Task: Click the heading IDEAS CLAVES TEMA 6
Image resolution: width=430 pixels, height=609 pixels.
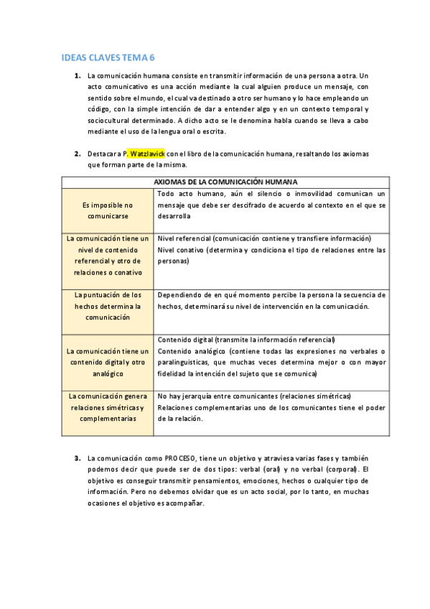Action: pos(108,57)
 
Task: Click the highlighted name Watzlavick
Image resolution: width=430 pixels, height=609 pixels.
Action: pos(149,154)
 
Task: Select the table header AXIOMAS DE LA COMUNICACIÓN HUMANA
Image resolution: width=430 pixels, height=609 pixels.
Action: pos(225,182)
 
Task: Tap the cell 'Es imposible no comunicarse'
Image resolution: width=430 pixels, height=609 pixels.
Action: pos(108,210)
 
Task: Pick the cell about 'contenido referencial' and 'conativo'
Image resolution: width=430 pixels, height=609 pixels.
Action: pos(108,255)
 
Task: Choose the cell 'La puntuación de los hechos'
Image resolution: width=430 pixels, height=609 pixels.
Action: pos(108,305)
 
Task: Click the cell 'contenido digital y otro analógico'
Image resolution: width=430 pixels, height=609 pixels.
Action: pos(108,363)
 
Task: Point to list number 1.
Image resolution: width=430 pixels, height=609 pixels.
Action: pos(77,75)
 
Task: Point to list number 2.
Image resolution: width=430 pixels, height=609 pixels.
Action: pos(77,154)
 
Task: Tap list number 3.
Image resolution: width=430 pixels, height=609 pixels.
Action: pos(77,458)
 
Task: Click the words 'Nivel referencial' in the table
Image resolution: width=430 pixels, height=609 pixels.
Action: pos(183,238)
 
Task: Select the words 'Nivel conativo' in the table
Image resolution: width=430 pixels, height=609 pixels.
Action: pos(180,250)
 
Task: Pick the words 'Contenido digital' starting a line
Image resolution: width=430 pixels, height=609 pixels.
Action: pos(185,340)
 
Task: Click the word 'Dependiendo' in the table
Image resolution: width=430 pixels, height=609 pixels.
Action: pos(180,295)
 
